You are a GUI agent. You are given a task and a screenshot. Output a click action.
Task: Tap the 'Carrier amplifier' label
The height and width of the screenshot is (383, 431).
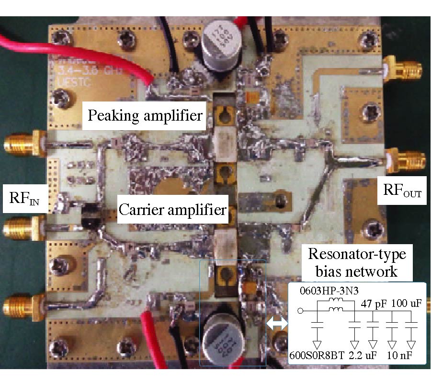172,209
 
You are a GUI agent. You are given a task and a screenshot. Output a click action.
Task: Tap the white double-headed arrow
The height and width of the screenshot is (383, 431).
277,324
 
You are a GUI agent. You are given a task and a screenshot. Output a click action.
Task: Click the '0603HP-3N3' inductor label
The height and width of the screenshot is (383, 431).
323,292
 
